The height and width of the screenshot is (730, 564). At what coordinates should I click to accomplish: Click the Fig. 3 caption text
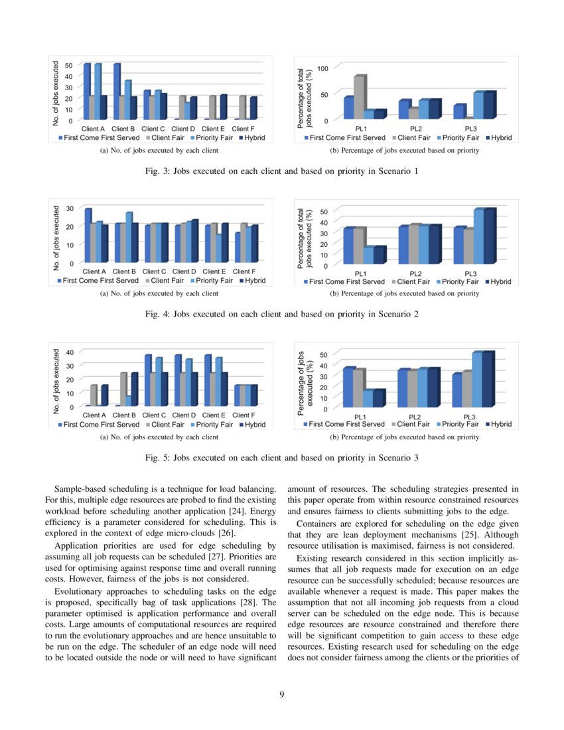[x=281, y=171]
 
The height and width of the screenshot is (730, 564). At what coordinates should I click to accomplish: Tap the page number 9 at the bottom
[x=282, y=694]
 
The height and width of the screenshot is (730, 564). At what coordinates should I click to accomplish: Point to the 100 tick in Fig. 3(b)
[x=323, y=68]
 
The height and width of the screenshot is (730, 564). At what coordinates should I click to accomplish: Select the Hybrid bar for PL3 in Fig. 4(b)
[x=489, y=236]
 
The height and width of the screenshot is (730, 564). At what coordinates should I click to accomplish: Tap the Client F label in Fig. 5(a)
[x=244, y=415]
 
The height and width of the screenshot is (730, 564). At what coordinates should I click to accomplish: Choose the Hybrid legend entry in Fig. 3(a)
[x=252, y=138]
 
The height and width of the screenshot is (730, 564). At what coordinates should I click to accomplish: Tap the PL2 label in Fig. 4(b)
[x=416, y=273]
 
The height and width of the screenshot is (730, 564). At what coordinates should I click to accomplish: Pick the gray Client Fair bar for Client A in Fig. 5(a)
[x=94, y=396]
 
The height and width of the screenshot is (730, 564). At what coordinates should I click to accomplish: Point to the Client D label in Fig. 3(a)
[x=184, y=128]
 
